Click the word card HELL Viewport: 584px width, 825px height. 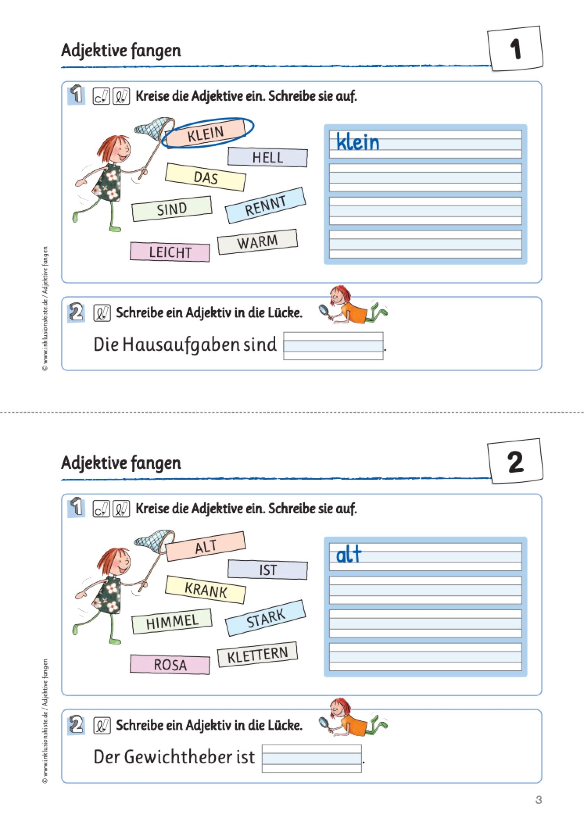click(x=268, y=157)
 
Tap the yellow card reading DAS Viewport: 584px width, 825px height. click(x=206, y=177)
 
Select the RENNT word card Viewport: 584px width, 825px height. click(x=265, y=205)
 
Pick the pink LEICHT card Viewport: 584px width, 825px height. click(x=170, y=252)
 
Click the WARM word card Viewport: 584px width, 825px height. click(x=257, y=242)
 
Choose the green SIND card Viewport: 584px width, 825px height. click(x=172, y=209)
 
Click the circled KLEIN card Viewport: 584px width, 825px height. click(x=206, y=133)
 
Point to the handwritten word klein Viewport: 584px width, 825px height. click(x=358, y=142)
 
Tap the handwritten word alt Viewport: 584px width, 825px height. click(x=349, y=554)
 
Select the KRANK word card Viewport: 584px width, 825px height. click(x=206, y=590)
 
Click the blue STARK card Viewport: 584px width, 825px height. click(x=265, y=618)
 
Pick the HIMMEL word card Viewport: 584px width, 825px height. click(x=172, y=621)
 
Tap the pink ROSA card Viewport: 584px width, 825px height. click(x=170, y=664)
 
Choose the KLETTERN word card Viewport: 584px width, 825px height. click(x=257, y=655)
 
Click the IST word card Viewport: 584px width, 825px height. click(x=268, y=570)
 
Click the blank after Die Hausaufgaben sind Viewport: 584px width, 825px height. click(x=333, y=346)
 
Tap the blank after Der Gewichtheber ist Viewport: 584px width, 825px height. click(x=312, y=758)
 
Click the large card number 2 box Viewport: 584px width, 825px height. click(x=516, y=461)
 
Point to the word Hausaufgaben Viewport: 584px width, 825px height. click(x=181, y=345)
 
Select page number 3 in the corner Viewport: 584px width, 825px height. click(x=538, y=800)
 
